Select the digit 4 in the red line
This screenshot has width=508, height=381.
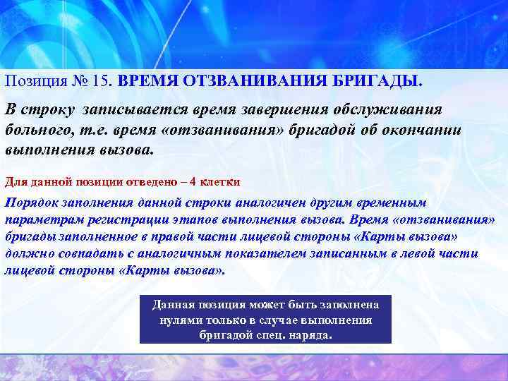(193, 181)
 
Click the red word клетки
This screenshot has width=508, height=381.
(221, 181)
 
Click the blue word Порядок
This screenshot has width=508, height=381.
(32, 202)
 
